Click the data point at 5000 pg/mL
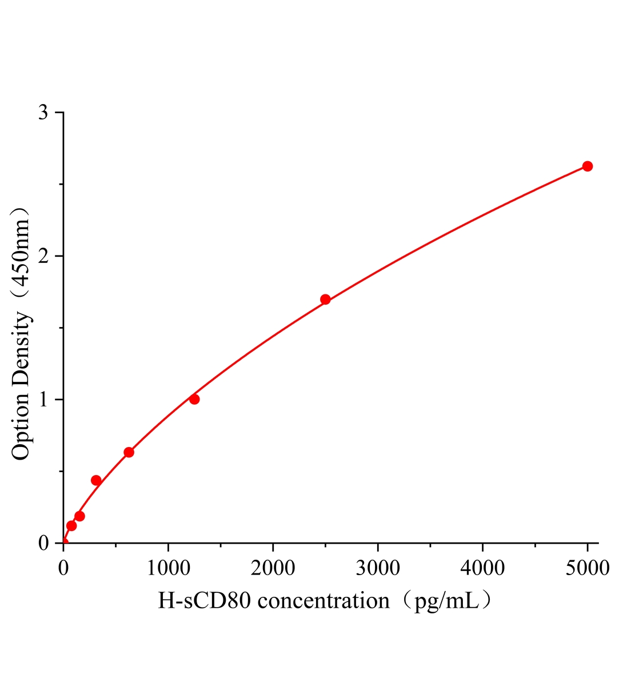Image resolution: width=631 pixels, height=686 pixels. pyautogui.click(x=587, y=166)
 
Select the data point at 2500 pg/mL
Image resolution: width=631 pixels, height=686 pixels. pyautogui.click(x=325, y=300)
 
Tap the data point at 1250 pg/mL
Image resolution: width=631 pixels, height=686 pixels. pyautogui.click(x=194, y=399)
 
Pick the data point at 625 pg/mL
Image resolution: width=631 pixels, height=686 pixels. pyautogui.click(x=129, y=452)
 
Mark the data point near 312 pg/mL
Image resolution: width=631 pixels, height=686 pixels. pyautogui.click(x=96, y=480)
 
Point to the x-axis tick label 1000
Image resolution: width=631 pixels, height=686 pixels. pyautogui.click(x=168, y=568)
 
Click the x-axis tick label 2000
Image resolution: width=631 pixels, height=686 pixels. pyautogui.click(x=273, y=568)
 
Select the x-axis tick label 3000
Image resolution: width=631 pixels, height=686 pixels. pyautogui.click(x=377, y=568)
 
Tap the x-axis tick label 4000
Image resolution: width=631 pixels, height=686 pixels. pyautogui.click(x=482, y=568)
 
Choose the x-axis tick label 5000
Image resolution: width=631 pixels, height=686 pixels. pyautogui.click(x=587, y=568)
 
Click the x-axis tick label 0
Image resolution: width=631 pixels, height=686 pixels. pyautogui.click(x=63, y=568)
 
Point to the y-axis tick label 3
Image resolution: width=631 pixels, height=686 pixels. pyautogui.click(x=43, y=113)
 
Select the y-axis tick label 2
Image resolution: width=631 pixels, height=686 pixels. pyautogui.click(x=43, y=256)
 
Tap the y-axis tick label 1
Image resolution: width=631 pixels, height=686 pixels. pyautogui.click(x=43, y=400)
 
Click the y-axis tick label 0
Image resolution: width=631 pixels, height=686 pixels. pyautogui.click(x=43, y=543)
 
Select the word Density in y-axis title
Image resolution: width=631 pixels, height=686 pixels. pyautogui.click(x=21, y=349)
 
